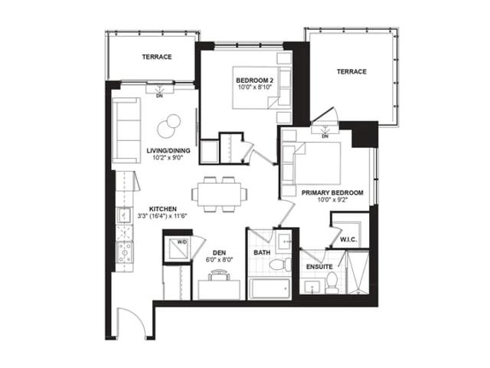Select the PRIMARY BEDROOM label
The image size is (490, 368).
[x=332, y=192]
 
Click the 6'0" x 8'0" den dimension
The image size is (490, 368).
[x=220, y=260]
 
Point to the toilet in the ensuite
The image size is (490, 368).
[x=332, y=283]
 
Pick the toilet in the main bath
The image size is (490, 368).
[x=280, y=264]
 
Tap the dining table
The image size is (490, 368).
[x=220, y=194]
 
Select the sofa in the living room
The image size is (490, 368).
[x=126, y=130]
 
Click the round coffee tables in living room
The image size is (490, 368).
[x=169, y=125]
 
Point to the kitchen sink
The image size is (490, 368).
[x=124, y=215]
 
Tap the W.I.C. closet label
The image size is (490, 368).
[x=348, y=240]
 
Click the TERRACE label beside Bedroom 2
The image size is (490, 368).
[x=351, y=71]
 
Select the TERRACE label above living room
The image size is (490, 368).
[x=157, y=57]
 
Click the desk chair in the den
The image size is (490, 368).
[x=219, y=275]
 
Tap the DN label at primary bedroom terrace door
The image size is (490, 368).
[x=325, y=136]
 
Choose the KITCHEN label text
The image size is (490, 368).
[x=162, y=209]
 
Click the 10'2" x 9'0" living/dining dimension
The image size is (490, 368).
[x=168, y=157]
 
